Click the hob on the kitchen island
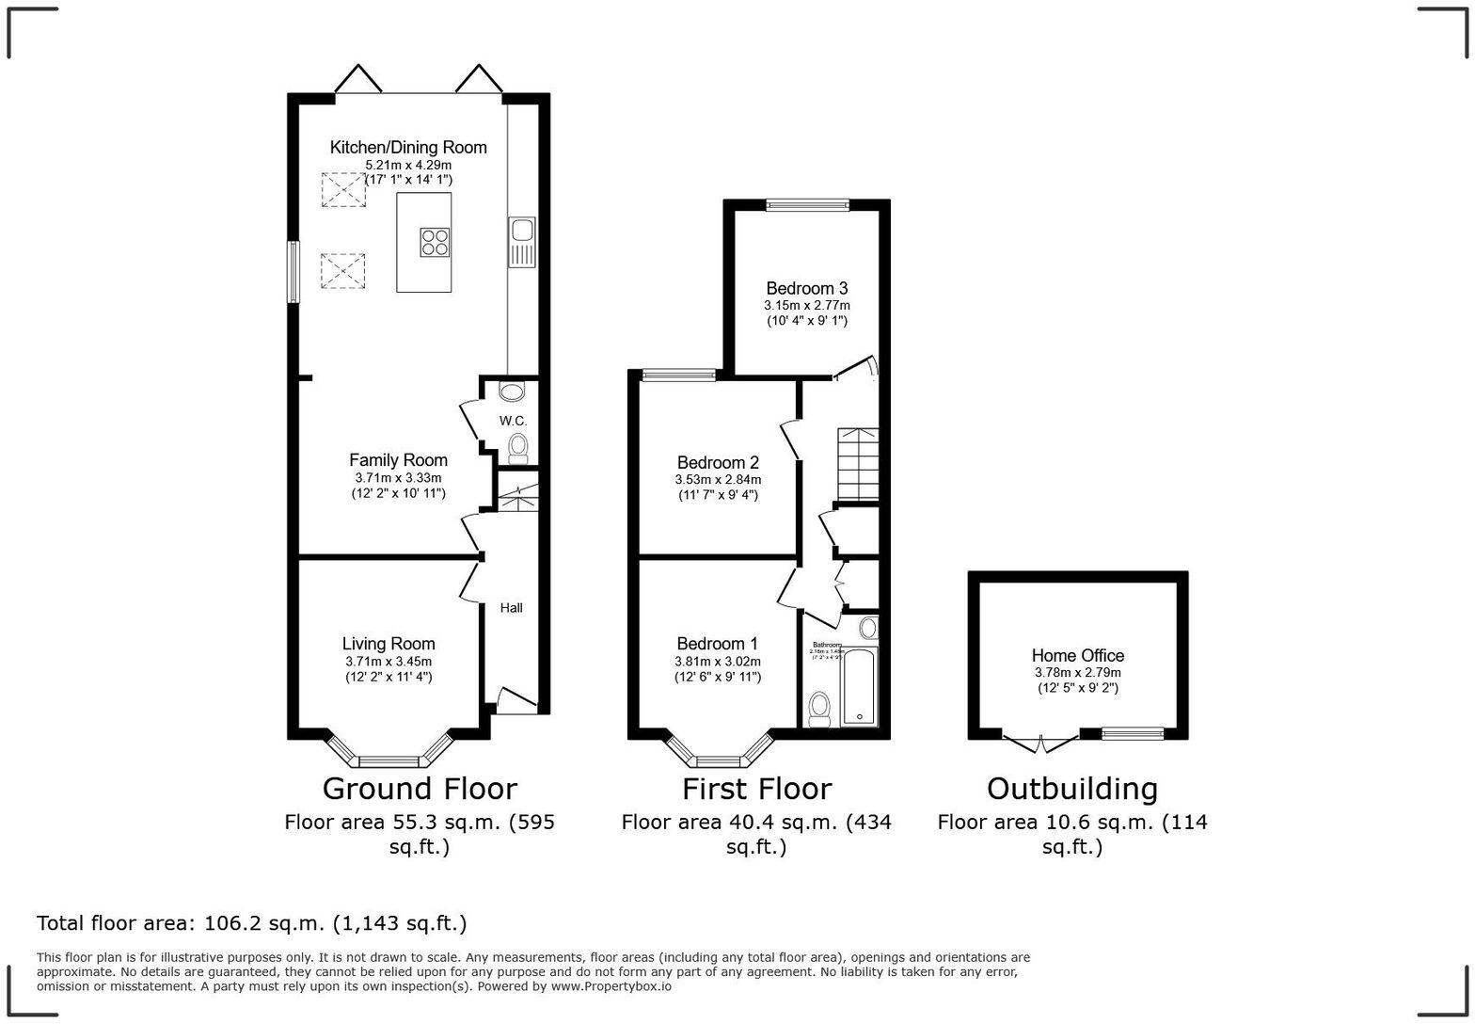(435, 242)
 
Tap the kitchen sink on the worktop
(521, 240)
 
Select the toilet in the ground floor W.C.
(517, 447)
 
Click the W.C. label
(513, 421)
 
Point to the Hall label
(511, 608)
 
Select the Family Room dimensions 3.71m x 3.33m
(398, 478)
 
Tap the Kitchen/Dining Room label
(408, 148)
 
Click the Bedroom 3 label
(806, 289)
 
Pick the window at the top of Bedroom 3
(807, 204)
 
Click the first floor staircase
(857, 464)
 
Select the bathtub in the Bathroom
(858, 688)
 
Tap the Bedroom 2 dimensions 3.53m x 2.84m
(718, 480)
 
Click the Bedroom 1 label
(718, 644)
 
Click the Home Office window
(1132, 734)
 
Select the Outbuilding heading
(1071, 789)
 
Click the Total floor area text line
(251, 923)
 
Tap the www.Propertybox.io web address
(611, 986)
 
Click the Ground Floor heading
(420, 789)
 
